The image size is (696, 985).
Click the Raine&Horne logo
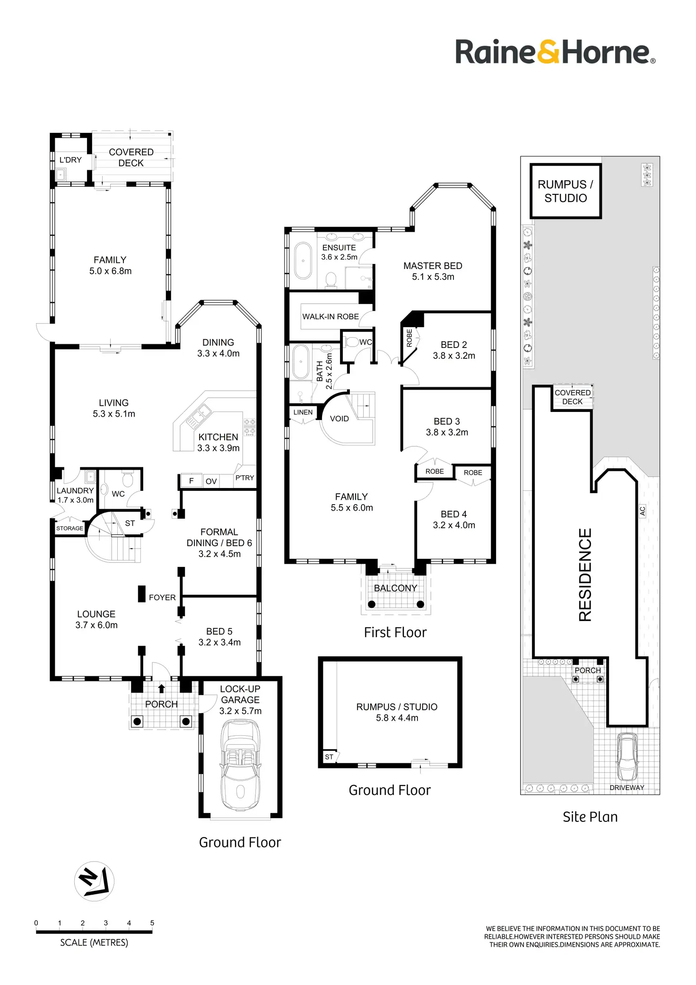coord(555,52)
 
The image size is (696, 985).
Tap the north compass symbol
coord(94,881)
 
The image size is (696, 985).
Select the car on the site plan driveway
coord(627,757)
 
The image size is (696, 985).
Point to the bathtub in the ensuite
coord(303,261)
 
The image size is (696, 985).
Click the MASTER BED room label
coord(433,266)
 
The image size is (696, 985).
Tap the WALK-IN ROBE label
coord(331,317)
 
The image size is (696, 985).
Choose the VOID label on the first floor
coord(339,419)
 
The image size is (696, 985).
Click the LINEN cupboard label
coord(303,412)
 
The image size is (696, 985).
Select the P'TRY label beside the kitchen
coord(244,478)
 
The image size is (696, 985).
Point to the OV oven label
coord(211,481)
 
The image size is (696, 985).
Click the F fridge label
coord(191,481)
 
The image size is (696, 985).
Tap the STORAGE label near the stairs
coord(70,528)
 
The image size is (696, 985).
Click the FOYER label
coord(162,598)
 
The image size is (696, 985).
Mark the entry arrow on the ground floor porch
coord(161,689)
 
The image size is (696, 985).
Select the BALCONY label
coord(395,588)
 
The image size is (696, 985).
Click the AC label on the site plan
coord(642,511)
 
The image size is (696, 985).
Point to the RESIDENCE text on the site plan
coord(585,575)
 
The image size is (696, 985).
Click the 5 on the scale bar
coord(152,923)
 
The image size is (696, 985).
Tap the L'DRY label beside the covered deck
coord(70,160)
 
